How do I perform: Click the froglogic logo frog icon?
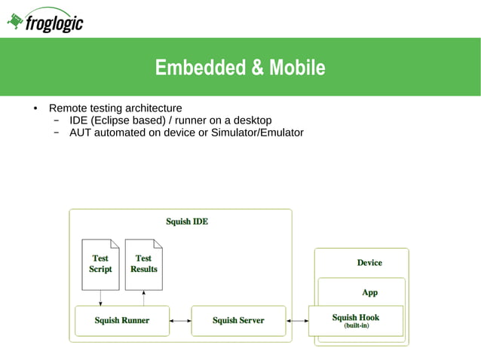(x=15, y=22)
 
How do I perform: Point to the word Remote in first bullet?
(x=67, y=108)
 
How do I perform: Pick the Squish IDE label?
(x=187, y=221)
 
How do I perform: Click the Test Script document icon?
(x=100, y=264)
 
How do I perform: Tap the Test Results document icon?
(x=143, y=264)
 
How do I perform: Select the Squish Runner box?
(x=121, y=320)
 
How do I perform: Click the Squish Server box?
(x=238, y=320)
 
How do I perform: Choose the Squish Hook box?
(x=356, y=320)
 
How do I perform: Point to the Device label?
(x=369, y=263)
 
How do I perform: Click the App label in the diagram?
(x=369, y=292)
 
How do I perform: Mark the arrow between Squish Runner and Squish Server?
(x=180, y=320)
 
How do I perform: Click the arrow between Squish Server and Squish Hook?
(x=298, y=320)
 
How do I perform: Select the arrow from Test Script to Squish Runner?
(x=100, y=298)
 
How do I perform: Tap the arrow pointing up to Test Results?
(x=143, y=298)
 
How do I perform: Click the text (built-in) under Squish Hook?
(x=356, y=325)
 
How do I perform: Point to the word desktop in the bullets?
(x=252, y=121)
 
